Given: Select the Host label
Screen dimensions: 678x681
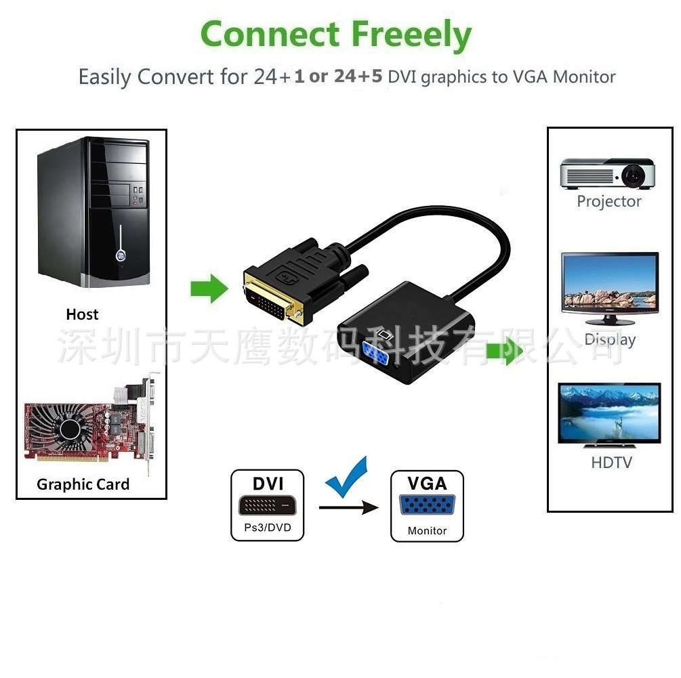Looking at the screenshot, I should coord(82,314).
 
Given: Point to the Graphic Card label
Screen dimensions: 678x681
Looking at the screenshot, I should coord(83,484).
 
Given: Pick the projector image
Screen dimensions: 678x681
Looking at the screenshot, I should coord(607,174).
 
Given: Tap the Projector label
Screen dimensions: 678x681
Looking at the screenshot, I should coord(608,201).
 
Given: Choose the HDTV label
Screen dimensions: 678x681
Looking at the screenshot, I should coord(611,463).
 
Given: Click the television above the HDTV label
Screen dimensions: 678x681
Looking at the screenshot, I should coord(608,415).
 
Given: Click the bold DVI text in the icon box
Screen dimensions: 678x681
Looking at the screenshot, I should coord(268,484).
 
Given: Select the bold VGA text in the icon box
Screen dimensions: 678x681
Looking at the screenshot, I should coord(427,484).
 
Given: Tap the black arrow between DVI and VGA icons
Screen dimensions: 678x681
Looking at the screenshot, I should coord(348,507).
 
